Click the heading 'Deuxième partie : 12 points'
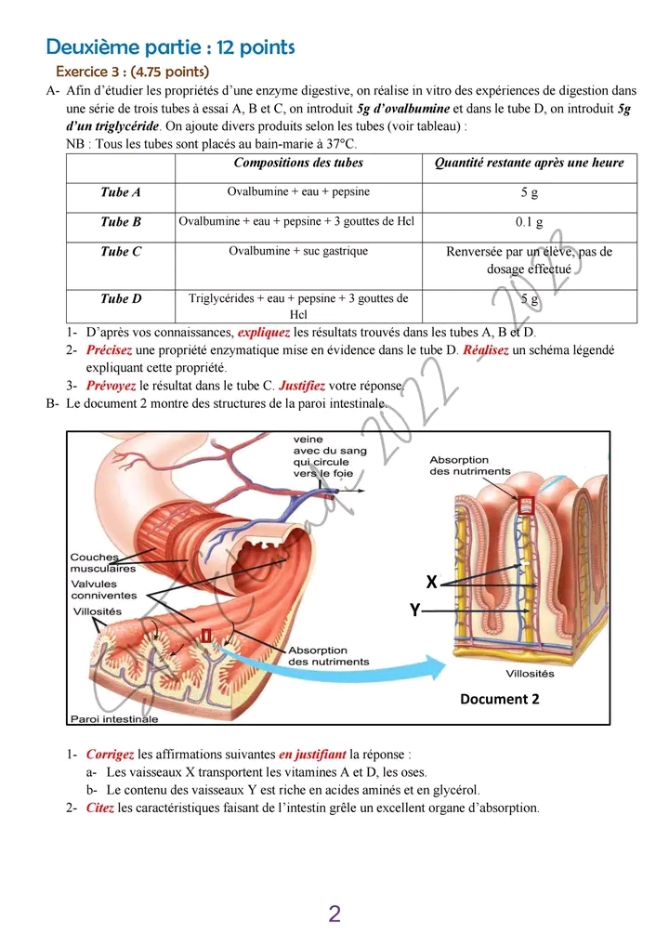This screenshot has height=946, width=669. pos(170,46)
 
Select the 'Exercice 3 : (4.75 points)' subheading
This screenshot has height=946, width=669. pos(132,72)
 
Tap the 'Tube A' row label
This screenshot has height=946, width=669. pos(121,192)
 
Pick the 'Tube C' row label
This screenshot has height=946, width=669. pos(121,251)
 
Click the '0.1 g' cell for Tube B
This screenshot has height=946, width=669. pos(530,222)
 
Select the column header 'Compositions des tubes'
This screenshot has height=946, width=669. pos(298,163)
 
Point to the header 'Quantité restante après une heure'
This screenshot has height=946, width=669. pos(530,163)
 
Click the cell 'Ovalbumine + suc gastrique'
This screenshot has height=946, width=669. pos(298,251)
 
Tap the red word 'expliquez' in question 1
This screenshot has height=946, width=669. pos(264,332)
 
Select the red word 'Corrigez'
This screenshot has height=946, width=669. pos(110,755)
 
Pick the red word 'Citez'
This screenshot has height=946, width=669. pos(100,808)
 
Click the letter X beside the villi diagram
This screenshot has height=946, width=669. pos(431,583)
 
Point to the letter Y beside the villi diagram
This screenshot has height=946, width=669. pos(414,611)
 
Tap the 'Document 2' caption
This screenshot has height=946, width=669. pos(499,699)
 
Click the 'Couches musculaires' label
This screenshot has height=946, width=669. pos(103,563)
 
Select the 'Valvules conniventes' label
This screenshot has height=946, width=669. pos(103,589)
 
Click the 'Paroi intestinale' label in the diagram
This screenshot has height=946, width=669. pos(114,718)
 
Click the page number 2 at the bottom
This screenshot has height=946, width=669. pos(334,913)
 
